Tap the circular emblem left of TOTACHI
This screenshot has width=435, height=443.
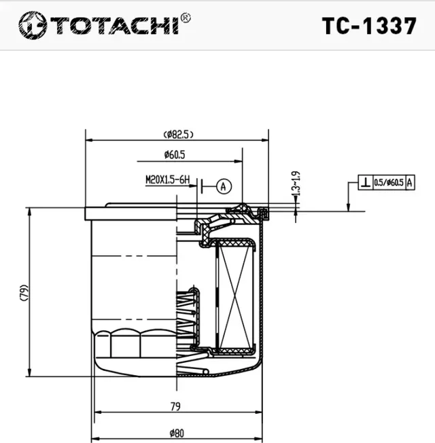[31, 26]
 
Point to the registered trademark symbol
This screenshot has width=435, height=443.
[186, 18]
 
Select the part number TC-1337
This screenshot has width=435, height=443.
[368, 26]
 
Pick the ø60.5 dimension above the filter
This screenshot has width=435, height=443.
[175, 155]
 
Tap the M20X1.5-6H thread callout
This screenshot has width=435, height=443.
[167, 180]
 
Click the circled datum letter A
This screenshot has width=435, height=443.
[224, 184]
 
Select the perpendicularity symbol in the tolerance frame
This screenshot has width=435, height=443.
[366, 182]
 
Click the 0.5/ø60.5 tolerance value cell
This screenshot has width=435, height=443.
[389, 182]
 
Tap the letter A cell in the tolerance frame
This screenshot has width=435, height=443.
[409, 182]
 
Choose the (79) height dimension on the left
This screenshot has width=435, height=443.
[22, 292]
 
